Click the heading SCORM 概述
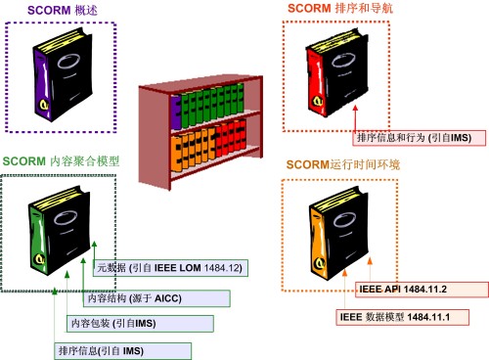[63, 10]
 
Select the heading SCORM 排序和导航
[340, 8]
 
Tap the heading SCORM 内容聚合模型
[61, 161]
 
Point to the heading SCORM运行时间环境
[343, 164]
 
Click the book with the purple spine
[63, 74]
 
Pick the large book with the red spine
[337, 72]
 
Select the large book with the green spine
[60, 230]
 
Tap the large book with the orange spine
[339, 233]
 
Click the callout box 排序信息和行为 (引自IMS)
[420, 138]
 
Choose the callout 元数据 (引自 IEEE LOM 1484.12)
[170, 268]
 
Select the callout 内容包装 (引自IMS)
[140, 324]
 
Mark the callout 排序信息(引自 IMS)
[122, 351]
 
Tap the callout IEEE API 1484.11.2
[422, 290]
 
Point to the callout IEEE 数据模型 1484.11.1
[403, 317]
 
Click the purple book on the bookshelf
[176, 112]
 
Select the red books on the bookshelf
[231, 137]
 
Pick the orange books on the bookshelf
[193, 150]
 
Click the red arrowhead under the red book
[355, 109]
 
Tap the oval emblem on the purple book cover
[68, 61]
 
